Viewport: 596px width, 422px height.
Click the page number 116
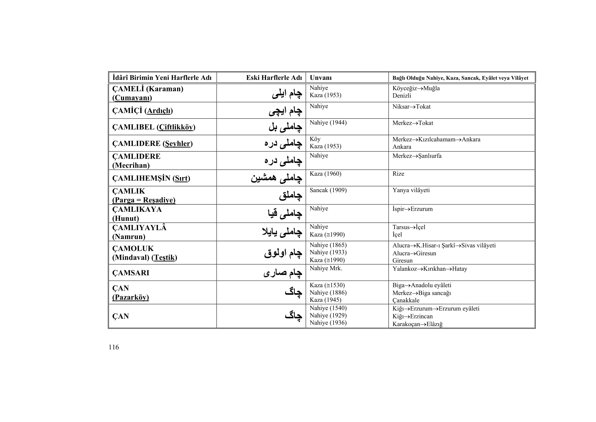[114, 347]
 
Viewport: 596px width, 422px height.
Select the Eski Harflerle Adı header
[274, 78]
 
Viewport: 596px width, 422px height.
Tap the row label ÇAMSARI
[130, 273]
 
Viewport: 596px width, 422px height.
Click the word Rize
[398, 174]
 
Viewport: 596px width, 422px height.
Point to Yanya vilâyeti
[411, 190]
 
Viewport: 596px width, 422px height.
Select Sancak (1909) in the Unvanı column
[328, 190]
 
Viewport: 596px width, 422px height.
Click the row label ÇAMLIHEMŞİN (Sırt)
[151, 178]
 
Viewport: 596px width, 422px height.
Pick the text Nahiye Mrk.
[326, 268]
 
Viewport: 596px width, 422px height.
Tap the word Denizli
[402, 96]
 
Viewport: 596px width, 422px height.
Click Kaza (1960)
[325, 174]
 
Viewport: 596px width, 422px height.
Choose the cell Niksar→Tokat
[411, 107]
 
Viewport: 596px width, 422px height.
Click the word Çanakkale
[406, 300]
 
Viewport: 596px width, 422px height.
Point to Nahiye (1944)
[328, 123]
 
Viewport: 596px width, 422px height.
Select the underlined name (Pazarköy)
[130, 297]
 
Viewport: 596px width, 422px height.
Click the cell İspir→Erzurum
[412, 209]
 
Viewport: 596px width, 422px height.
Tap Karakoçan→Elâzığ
[417, 324]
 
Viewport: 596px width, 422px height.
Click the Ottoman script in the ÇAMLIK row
[290, 195]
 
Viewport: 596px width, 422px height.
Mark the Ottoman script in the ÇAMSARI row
[283, 273]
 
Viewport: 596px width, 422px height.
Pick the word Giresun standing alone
[402, 261]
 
